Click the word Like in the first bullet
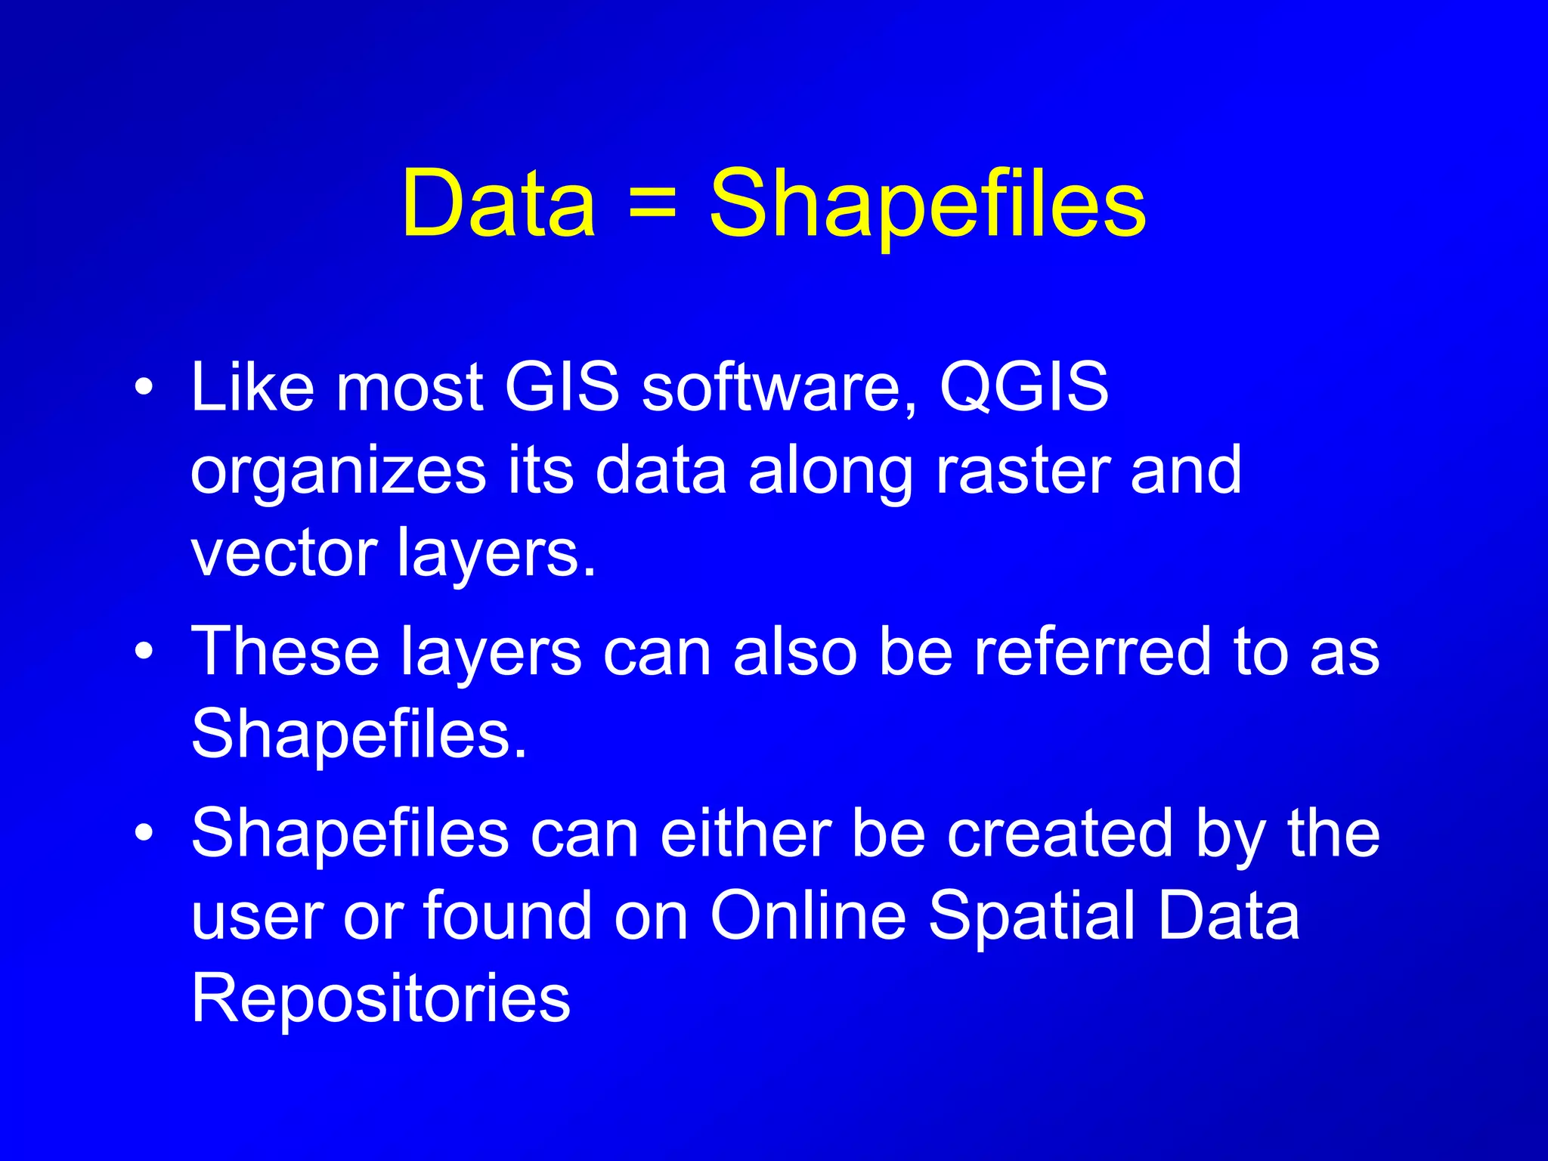(x=252, y=387)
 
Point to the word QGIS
(x=1024, y=387)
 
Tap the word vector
(x=283, y=553)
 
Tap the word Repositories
(x=381, y=999)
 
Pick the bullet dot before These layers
(x=144, y=652)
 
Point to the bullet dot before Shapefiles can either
(x=144, y=834)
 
